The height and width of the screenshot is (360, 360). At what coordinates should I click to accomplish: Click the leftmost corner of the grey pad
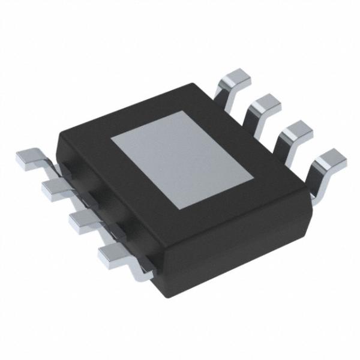tap(111, 139)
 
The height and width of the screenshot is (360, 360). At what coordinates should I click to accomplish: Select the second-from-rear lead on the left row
tap(56, 188)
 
